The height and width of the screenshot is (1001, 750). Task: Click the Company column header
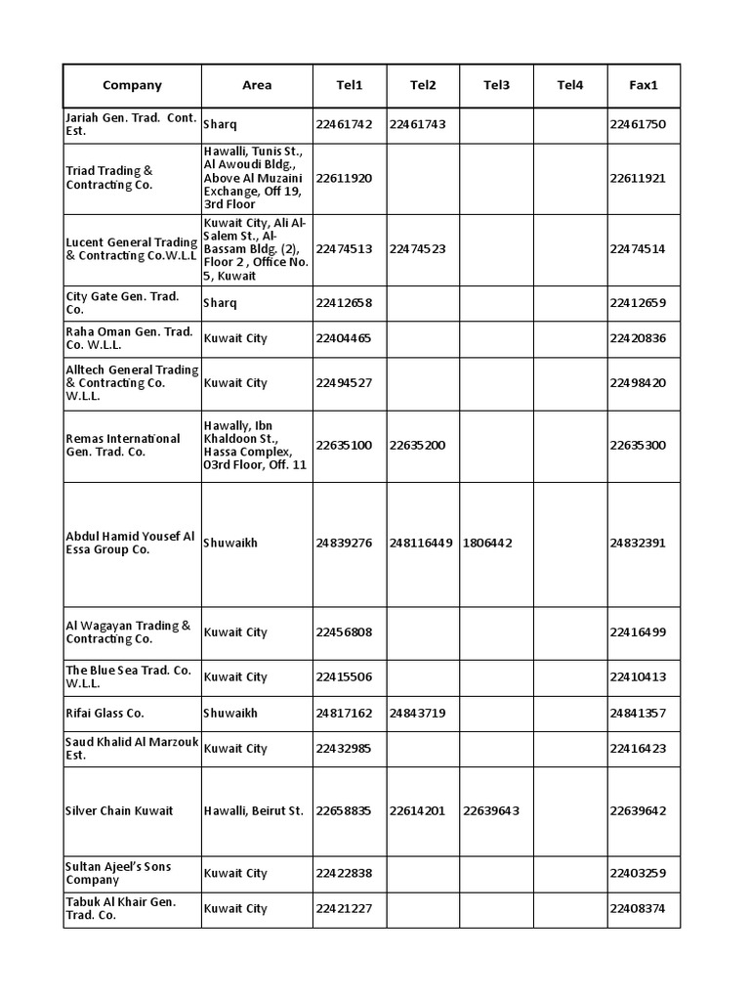[132, 86]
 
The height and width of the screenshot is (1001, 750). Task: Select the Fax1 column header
[644, 86]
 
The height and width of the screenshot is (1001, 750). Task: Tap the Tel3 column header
[496, 86]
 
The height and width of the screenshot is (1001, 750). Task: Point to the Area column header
[257, 86]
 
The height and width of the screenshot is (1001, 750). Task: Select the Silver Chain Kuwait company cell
[119, 811]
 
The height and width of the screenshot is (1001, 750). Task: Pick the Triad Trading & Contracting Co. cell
[109, 178]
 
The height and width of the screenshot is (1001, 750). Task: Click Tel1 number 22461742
[344, 125]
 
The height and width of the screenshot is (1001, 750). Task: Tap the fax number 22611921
[638, 178]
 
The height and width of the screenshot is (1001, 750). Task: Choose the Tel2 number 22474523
[417, 249]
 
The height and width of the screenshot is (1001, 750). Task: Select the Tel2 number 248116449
[421, 544]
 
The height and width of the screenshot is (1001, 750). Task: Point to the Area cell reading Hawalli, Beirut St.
[254, 811]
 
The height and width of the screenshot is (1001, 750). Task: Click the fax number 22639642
[638, 811]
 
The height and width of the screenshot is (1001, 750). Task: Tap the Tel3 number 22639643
[491, 811]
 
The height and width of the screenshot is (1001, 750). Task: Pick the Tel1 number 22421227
[344, 909]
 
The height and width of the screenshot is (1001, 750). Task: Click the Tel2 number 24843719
[417, 714]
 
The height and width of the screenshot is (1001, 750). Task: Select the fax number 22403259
[638, 874]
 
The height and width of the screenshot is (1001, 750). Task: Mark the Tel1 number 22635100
[344, 446]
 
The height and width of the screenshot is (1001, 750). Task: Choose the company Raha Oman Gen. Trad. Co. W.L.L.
[130, 338]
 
